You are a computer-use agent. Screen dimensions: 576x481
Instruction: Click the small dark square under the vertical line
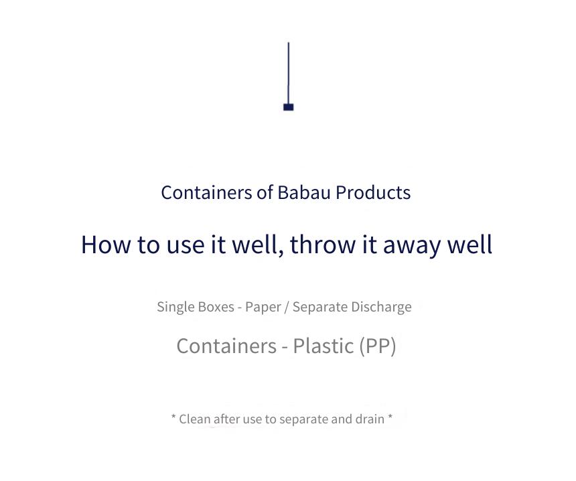click(289, 107)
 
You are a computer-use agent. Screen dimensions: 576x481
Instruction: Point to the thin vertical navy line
click(289, 73)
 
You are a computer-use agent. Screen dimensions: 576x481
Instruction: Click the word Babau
click(304, 192)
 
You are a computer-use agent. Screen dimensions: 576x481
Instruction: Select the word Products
click(373, 192)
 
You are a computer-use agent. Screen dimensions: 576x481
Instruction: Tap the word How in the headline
click(105, 245)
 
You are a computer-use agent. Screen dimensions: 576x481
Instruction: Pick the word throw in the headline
click(323, 244)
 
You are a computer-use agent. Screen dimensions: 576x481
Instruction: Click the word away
click(412, 245)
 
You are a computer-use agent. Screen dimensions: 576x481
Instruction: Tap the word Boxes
click(216, 306)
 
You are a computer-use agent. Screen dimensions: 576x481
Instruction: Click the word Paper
click(263, 307)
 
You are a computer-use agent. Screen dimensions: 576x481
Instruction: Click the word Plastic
click(323, 346)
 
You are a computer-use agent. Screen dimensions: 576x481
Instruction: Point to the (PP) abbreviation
click(378, 346)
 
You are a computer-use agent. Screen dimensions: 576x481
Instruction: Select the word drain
click(370, 419)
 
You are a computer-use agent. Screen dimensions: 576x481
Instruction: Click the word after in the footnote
click(226, 419)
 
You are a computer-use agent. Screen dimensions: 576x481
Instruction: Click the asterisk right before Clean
click(173, 417)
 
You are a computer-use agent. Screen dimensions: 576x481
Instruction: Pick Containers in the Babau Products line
click(206, 192)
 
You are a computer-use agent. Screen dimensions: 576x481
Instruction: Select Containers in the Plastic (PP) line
click(226, 346)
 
